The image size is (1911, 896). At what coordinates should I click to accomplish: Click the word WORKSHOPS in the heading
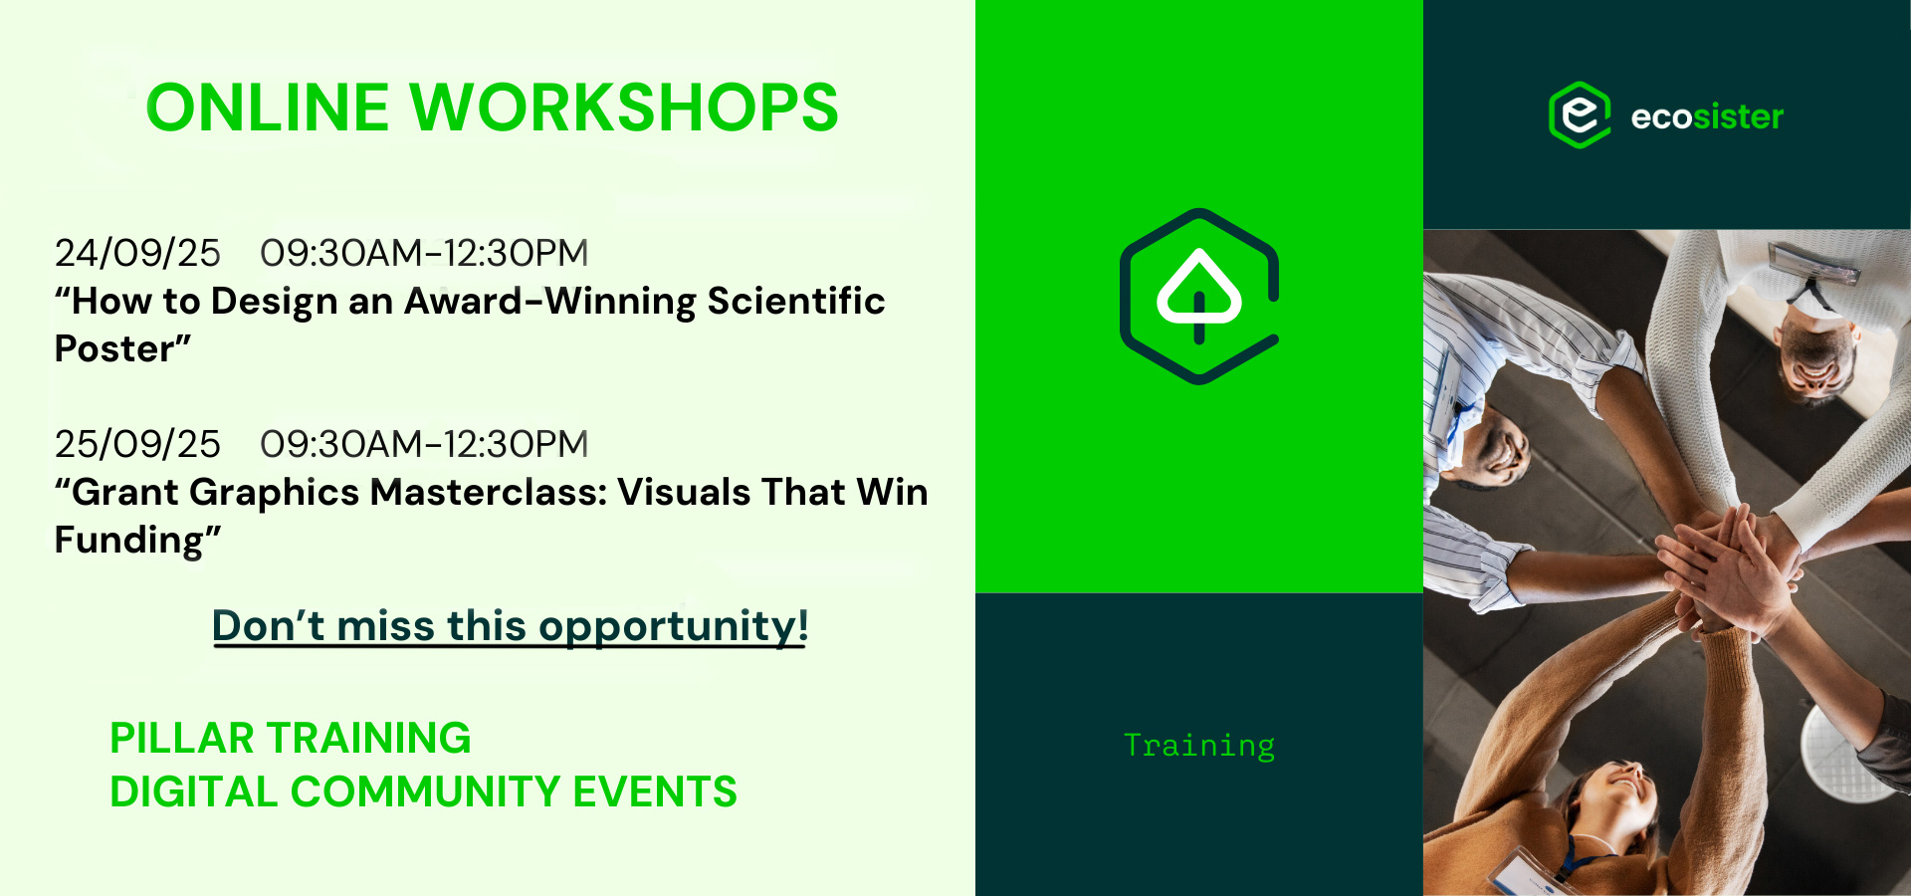pyautogui.click(x=625, y=108)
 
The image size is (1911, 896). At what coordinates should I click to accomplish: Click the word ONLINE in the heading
pyautogui.click(x=268, y=108)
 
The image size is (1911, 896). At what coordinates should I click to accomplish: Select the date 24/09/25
pyautogui.click(x=137, y=253)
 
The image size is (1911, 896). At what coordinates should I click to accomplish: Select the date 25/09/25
pyautogui.click(x=137, y=444)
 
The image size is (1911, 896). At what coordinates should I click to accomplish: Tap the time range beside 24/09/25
pyautogui.click(x=424, y=253)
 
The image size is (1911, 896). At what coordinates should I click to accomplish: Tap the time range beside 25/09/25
pyautogui.click(x=424, y=444)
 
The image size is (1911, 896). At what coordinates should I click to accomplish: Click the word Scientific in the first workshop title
pyautogui.click(x=796, y=301)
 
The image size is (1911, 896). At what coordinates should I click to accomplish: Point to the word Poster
pyautogui.click(x=114, y=348)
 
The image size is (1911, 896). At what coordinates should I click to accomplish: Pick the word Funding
pyautogui.click(x=128, y=541)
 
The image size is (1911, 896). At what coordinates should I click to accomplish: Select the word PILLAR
pyautogui.click(x=182, y=739)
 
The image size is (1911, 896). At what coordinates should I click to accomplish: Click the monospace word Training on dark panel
pyautogui.click(x=1199, y=746)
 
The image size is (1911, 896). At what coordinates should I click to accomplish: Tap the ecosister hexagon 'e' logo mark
pyautogui.click(x=1580, y=115)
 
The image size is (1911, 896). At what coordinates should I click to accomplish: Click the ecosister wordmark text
pyautogui.click(x=1707, y=117)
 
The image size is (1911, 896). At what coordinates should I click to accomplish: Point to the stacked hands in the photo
pyautogui.click(x=1727, y=567)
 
